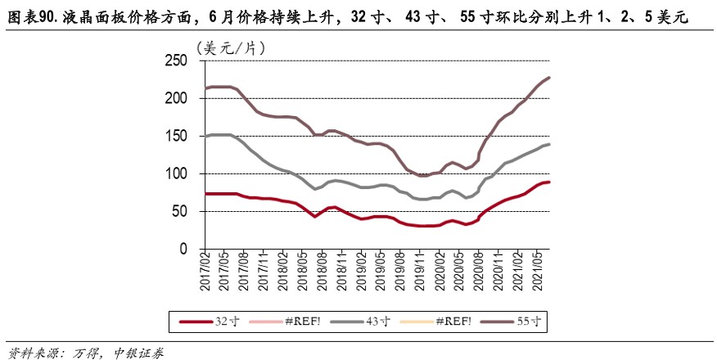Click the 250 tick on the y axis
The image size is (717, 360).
[177, 61]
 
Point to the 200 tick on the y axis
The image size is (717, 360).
[177, 98]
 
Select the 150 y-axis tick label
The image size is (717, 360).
[177, 136]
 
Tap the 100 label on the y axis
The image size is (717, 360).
[177, 173]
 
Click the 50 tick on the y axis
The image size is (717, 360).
[180, 211]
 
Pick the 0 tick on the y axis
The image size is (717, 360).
[184, 249]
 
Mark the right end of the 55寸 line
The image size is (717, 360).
[549, 78]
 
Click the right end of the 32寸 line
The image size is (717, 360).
[549, 182]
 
